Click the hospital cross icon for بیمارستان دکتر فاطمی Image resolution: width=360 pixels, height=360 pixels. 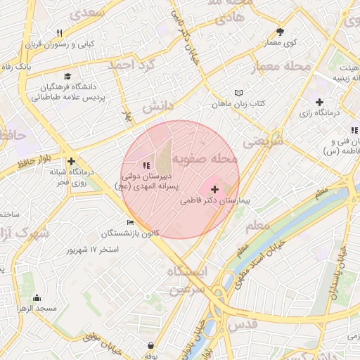pos(214,189)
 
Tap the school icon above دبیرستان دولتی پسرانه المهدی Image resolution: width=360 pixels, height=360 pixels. pos(146,165)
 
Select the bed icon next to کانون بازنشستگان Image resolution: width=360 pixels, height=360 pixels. pos(130,223)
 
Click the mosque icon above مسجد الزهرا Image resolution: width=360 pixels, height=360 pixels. pos(37,298)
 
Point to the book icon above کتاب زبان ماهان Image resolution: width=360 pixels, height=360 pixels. pos(238,93)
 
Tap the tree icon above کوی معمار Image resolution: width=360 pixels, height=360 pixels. pos(281,32)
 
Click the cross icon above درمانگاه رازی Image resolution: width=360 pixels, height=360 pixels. pos(319,103)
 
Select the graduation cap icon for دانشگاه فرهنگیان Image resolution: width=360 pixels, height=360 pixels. pos(67,77)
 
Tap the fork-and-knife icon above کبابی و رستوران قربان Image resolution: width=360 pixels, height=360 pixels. pos(60,33)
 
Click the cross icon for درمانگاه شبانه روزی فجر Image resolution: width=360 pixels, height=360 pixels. pos(71,161)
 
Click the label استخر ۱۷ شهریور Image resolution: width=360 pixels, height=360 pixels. pos(93,250)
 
